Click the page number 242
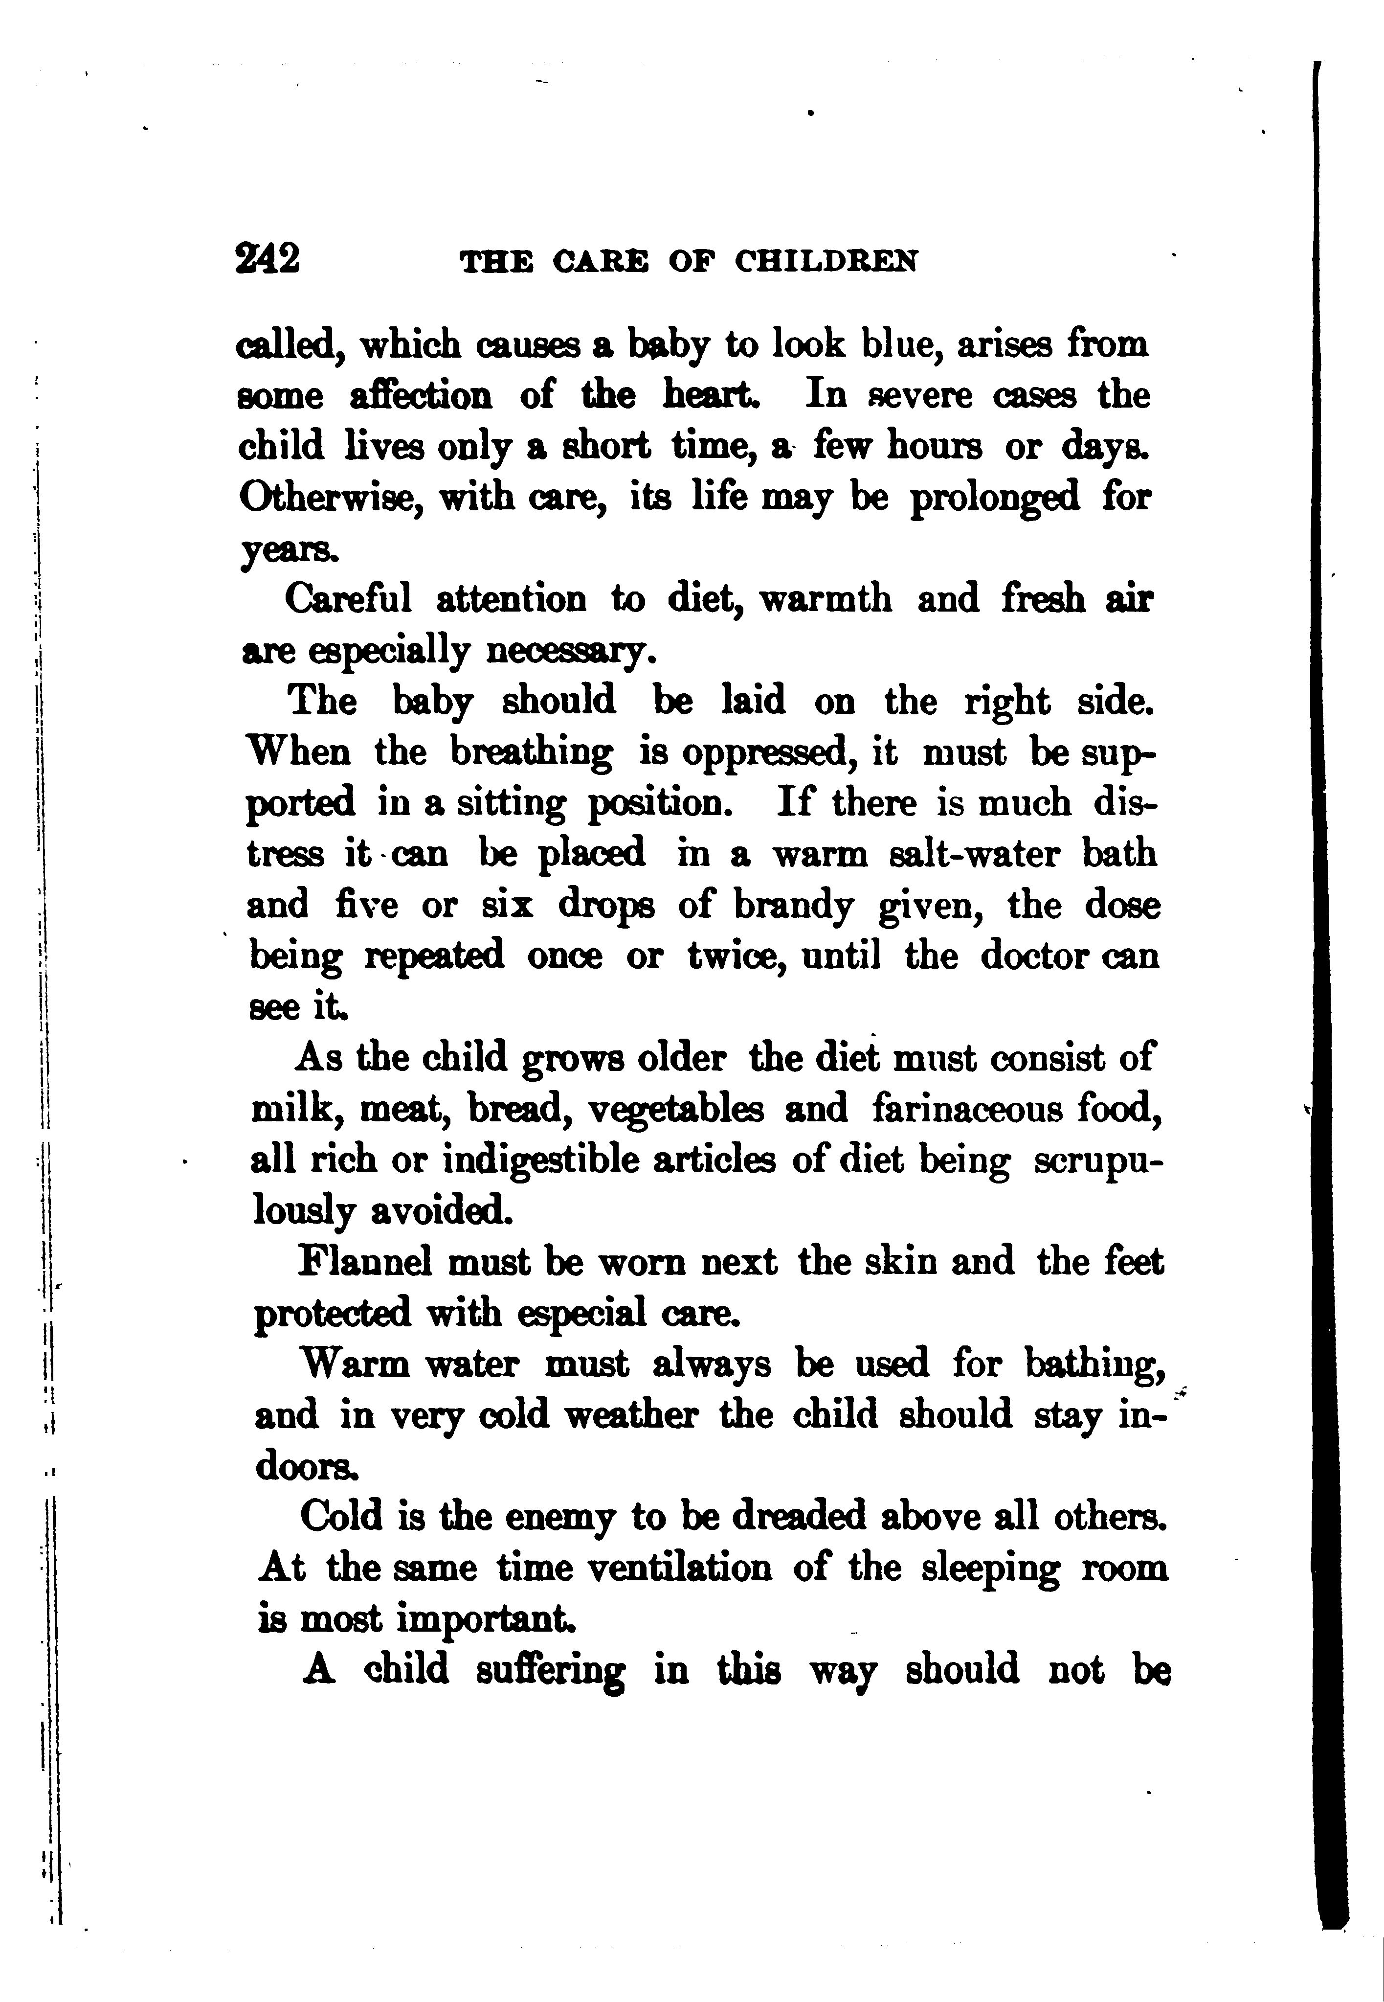pyautogui.click(x=267, y=258)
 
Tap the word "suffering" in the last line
pyautogui.click(x=551, y=1671)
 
